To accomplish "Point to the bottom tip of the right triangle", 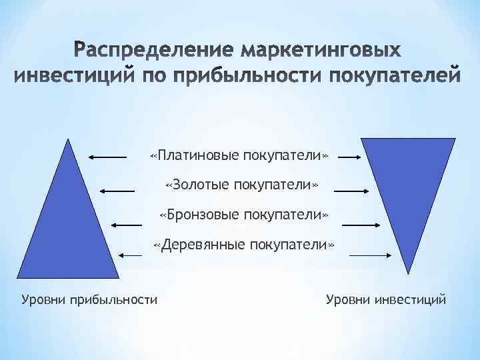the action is tap(407, 270).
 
